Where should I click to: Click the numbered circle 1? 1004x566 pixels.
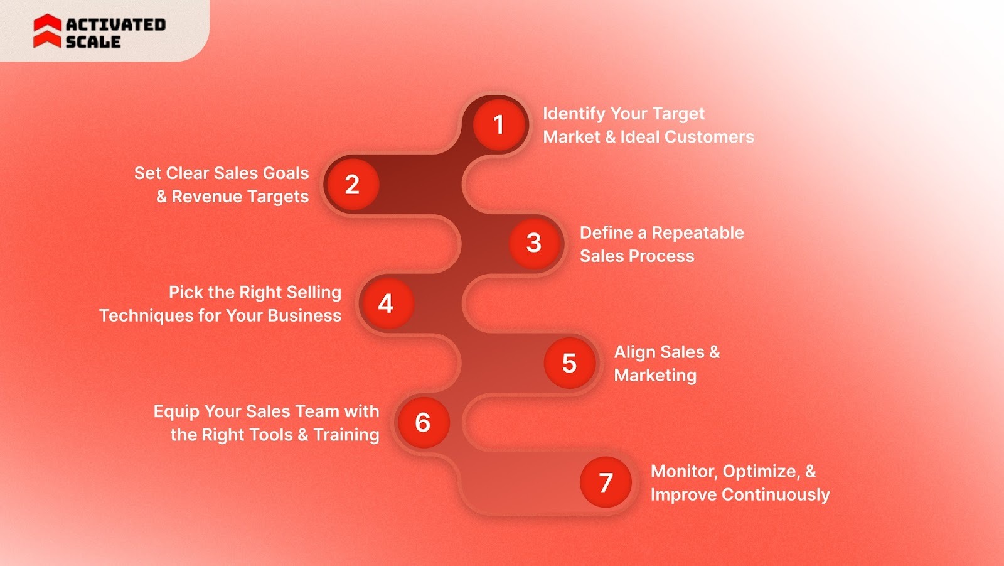(499, 124)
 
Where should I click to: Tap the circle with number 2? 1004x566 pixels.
(352, 184)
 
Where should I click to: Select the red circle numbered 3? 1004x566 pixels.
(534, 243)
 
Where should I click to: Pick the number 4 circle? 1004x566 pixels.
(386, 303)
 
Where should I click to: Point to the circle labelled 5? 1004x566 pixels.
(569, 363)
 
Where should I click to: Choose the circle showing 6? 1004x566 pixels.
(423, 423)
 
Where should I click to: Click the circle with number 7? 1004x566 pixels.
(606, 482)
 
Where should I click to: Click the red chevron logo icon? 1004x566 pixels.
(47, 31)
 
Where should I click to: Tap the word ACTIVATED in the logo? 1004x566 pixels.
(116, 24)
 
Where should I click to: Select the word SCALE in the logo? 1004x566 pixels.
(93, 42)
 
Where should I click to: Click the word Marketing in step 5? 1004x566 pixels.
(655, 376)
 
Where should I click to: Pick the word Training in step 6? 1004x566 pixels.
(346, 435)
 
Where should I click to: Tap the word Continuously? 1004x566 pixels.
(776, 495)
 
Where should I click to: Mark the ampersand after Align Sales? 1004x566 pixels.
(715, 352)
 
